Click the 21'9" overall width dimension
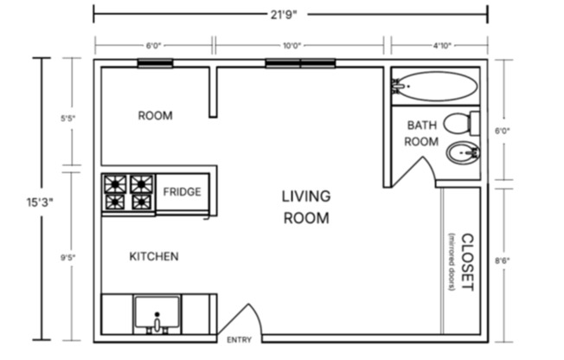[x=291, y=14]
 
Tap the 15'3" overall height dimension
[x=40, y=202]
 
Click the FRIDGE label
[x=183, y=191]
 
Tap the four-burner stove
[x=128, y=193]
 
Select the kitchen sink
[x=157, y=314]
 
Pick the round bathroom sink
[x=463, y=153]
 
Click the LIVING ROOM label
[x=306, y=208]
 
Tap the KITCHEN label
[x=154, y=257]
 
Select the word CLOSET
[x=467, y=262]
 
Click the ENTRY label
[x=239, y=340]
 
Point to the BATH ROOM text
[x=422, y=133]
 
